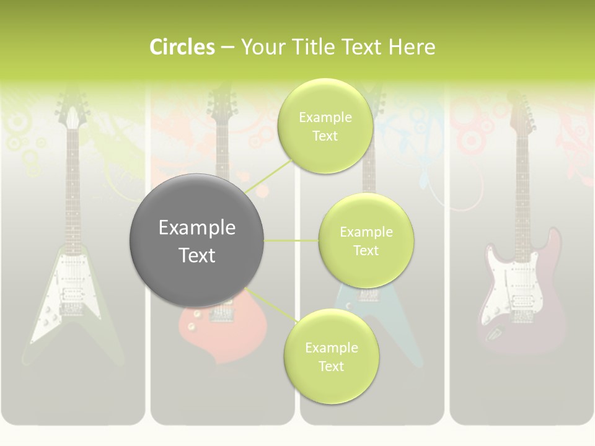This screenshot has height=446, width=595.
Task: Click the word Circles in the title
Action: tap(182, 47)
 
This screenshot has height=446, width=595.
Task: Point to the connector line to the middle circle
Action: tap(291, 240)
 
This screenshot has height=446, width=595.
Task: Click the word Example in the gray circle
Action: tap(196, 228)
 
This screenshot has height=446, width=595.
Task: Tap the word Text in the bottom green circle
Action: tap(331, 366)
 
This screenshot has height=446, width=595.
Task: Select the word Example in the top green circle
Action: tap(325, 117)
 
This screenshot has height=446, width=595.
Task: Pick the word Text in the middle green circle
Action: tap(366, 250)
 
